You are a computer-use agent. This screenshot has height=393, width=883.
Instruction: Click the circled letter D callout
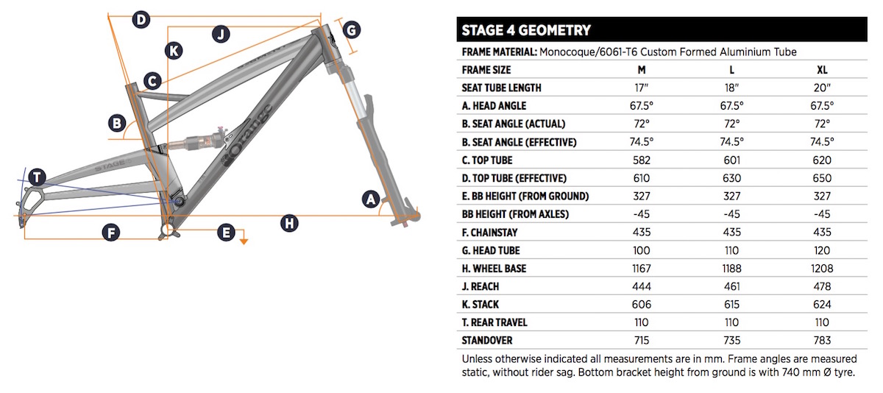[x=141, y=19]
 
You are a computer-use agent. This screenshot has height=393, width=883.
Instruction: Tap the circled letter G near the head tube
[x=351, y=30]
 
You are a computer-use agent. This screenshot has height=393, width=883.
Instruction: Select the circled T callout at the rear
[x=37, y=177]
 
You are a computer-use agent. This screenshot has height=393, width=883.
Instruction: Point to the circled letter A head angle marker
[x=371, y=199]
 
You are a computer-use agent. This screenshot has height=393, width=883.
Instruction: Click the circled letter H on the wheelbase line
[x=289, y=224]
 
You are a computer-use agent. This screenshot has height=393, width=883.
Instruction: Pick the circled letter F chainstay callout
[x=111, y=233]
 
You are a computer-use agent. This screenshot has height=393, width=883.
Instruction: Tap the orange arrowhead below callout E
[x=244, y=241]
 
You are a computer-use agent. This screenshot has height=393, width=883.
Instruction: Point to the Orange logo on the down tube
[x=247, y=136]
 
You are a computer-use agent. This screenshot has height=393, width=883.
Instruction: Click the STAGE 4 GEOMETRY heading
[x=526, y=30]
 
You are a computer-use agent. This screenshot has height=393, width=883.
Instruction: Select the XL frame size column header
[x=822, y=70]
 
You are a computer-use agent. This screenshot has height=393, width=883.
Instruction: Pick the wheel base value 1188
[x=731, y=269]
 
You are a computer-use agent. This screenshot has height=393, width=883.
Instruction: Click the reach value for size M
[x=642, y=286]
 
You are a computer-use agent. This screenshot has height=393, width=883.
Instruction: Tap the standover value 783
[x=822, y=341]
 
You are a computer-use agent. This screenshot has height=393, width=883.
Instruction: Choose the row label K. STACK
[x=480, y=305]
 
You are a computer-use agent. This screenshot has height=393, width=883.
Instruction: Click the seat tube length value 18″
[x=731, y=88]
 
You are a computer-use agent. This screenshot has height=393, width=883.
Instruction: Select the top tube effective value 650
[x=822, y=178]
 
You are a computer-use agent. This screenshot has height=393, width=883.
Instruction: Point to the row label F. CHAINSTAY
[x=489, y=233]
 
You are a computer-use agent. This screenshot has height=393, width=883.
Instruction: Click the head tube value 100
[x=642, y=251]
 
